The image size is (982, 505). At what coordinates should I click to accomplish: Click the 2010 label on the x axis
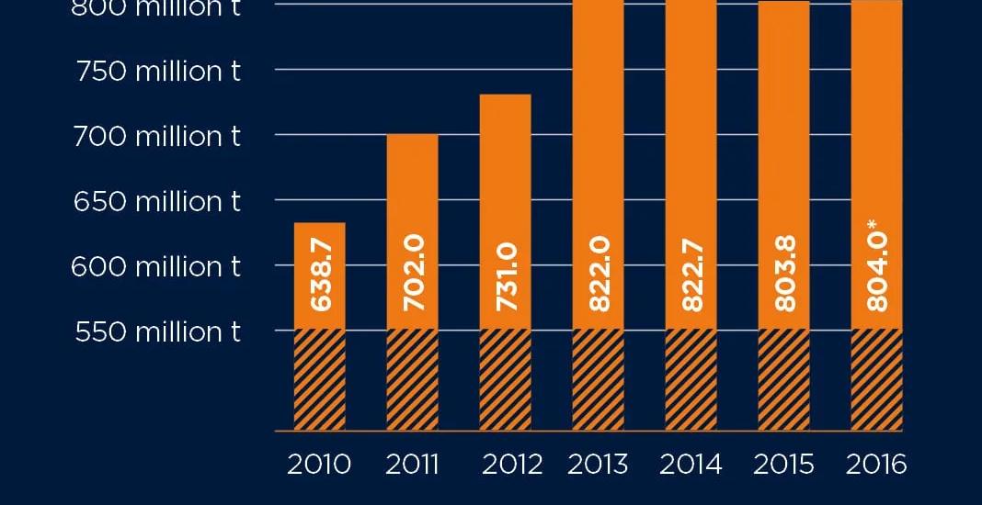pyautogui.click(x=319, y=465)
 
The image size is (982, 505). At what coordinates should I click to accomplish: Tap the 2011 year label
pyautogui.click(x=412, y=465)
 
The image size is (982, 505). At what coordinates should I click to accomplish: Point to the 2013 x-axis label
pyautogui.click(x=598, y=465)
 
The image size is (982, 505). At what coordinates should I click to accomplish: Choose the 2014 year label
pyautogui.click(x=691, y=465)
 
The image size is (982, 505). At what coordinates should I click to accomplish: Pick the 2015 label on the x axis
pyautogui.click(x=784, y=465)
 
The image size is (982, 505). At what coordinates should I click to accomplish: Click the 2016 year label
pyautogui.click(x=876, y=465)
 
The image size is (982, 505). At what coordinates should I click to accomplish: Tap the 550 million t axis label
pyautogui.click(x=157, y=331)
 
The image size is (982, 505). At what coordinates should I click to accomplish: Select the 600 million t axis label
pyautogui.click(x=157, y=266)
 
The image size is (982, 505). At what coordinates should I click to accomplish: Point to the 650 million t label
pyautogui.click(x=157, y=201)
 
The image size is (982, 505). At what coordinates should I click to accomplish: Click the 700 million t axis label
pyautogui.click(x=157, y=136)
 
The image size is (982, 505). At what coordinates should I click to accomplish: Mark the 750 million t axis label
pyautogui.click(x=157, y=71)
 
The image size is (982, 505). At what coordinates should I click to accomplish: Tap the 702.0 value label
pyautogui.click(x=413, y=275)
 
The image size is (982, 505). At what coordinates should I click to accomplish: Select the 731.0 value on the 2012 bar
pyautogui.click(x=506, y=275)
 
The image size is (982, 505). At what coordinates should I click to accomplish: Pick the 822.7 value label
pyautogui.click(x=691, y=275)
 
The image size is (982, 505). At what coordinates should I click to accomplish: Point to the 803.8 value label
pyautogui.click(x=784, y=275)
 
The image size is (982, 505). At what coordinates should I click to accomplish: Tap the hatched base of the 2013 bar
pyautogui.click(x=598, y=379)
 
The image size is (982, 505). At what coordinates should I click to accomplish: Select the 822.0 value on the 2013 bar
pyautogui.click(x=599, y=275)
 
